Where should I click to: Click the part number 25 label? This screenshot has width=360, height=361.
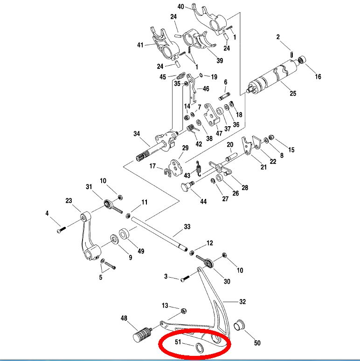coord(293,94)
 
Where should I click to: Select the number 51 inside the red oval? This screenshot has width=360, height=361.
coord(177,342)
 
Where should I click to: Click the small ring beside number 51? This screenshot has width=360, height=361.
coord(200,347)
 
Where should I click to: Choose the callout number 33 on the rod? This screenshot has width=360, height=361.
coord(187,227)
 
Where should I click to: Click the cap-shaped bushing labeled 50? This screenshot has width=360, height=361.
coord(239,324)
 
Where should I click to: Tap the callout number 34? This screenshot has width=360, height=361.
coord(137,134)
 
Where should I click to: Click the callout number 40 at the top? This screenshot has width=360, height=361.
coord(181,7)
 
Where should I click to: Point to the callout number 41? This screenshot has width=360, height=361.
coord(140,45)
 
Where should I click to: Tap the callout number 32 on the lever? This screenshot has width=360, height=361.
coord(242,301)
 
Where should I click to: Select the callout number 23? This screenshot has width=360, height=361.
coord(69,202)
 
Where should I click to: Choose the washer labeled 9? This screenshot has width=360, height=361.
coord(114,240)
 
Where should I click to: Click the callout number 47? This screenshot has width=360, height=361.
coord(219,134)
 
